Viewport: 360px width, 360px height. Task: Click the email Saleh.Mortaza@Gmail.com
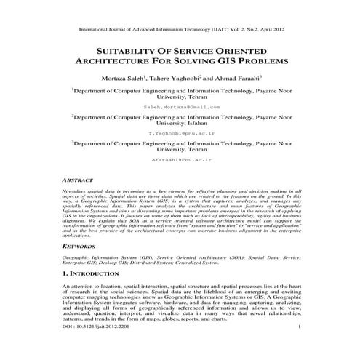(x=181, y=106)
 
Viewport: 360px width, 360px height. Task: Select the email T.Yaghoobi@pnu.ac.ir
(x=181, y=134)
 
